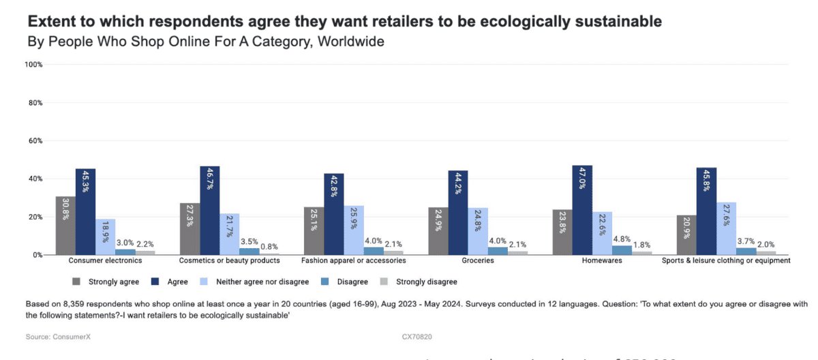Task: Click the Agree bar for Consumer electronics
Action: coord(85,211)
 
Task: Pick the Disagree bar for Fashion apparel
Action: coord(374,251)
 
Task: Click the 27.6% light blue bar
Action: coord(726,228)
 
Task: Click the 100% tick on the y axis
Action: coord(33,65)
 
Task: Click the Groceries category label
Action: coord(477,260)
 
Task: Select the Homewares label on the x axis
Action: coord(602,260)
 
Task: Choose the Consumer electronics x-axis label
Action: coord(105,260)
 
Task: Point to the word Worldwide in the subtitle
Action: coord(352,42)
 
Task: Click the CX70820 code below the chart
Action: coord(418,337)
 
